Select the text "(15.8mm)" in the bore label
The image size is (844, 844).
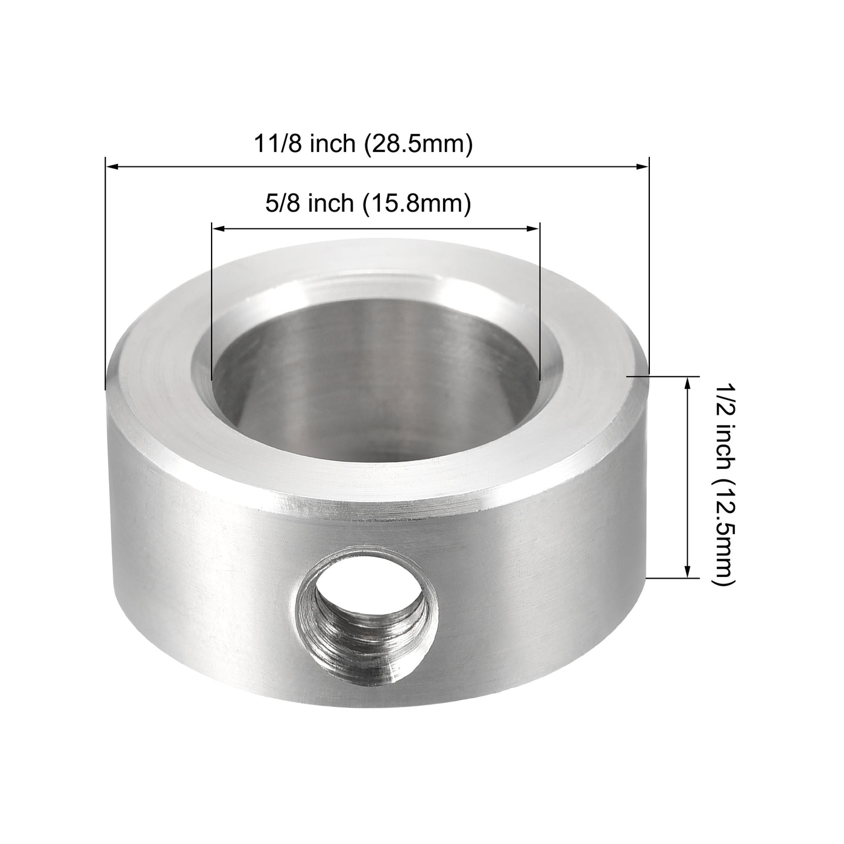click(415, 204)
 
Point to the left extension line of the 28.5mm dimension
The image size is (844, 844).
click(105, 271)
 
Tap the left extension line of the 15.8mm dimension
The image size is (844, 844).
click(212, 301)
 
